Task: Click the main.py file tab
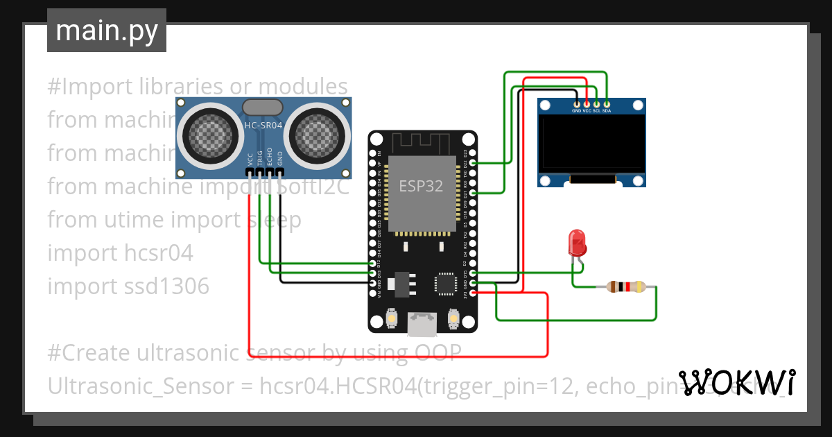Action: click(x=107, y=31)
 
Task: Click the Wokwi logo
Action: click(x=736, y=382)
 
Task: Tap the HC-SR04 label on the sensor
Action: click(x=263, y=126)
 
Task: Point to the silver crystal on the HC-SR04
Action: click(x=262, y=107)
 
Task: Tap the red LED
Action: click(x=577, y=243)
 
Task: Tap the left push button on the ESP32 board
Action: click(x=391, y=318)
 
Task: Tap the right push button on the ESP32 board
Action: click(x=454, y=318)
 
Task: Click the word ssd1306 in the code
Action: click(x=175, y=286)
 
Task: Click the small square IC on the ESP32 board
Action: click(x=444, y=284)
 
